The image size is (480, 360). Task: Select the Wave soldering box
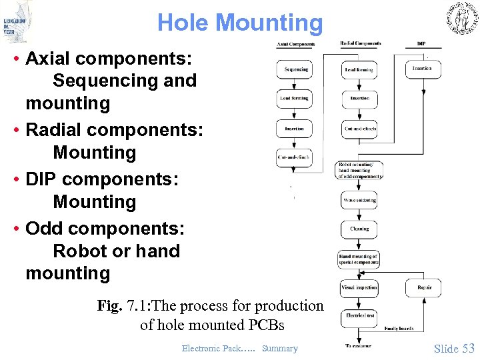coord(359,200)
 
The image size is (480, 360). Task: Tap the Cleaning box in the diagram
coord(359,229)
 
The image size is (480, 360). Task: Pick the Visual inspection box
coord(359,287)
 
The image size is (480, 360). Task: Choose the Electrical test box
coord(359,315)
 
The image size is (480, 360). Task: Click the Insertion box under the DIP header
coord(422,69)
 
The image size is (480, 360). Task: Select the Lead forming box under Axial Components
coord(294,99)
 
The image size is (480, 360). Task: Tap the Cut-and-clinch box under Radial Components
coord(359,128)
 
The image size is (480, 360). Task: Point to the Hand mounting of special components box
coord(359,259)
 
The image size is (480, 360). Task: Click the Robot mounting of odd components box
coord(359,171)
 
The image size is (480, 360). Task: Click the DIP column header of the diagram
coord(421,44)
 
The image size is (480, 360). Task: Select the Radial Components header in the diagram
coord(360,44)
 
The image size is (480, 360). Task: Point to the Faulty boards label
coord(398,328)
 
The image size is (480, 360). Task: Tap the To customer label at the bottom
coord(358,345)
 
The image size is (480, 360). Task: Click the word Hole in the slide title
coord(184,23)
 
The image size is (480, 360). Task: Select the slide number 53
coord(468,348)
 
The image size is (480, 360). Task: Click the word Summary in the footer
coord(280,348)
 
